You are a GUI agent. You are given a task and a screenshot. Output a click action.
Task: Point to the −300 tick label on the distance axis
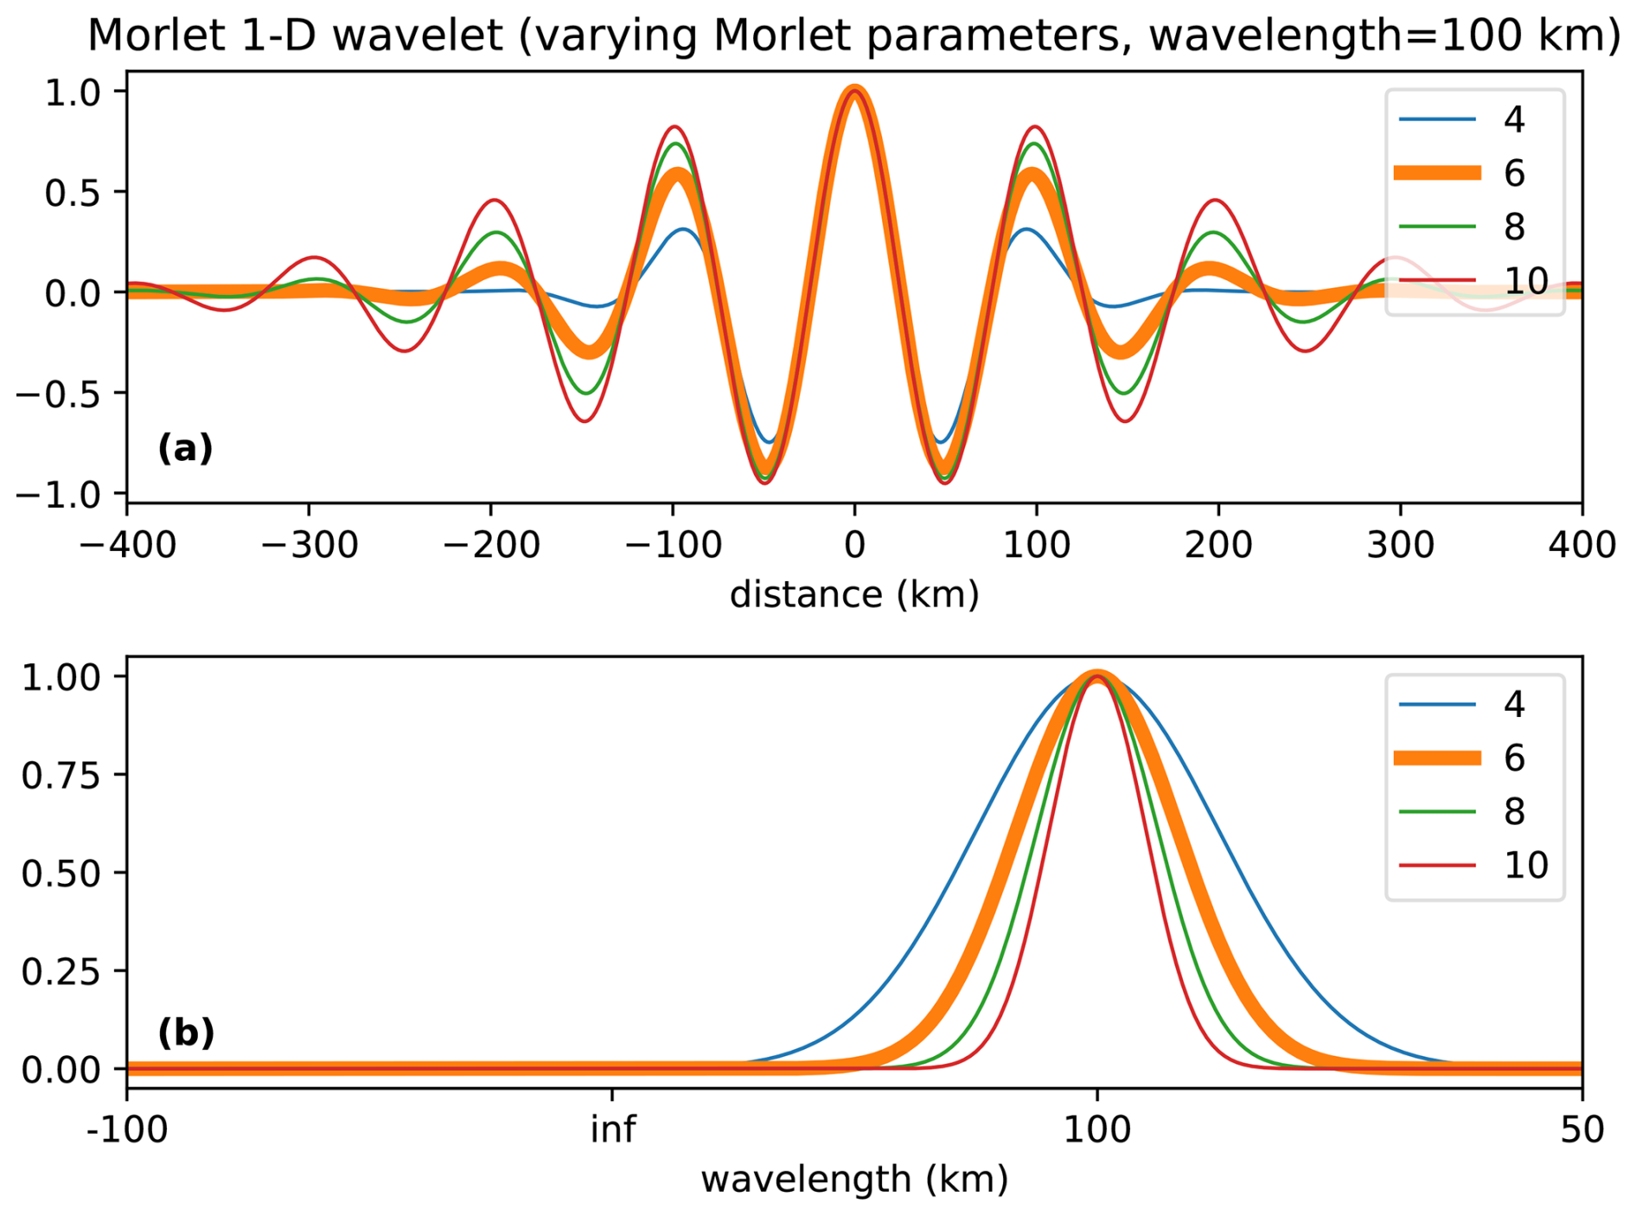click(x=309, y=546)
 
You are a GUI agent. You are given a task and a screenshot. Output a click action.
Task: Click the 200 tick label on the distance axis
click(x=1218, y=546)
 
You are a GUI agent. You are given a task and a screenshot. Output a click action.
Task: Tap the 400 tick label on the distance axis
click(x=1582, y=546)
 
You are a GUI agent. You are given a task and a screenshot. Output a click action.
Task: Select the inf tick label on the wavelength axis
click(x=612, y=1130)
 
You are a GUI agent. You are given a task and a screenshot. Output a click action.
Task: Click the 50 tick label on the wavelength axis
click(x=1582, y=1130)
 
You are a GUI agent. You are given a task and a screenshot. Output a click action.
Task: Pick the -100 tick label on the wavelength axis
click(x=127, y=1130)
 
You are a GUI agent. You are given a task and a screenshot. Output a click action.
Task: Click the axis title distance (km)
click(x=854, y=595)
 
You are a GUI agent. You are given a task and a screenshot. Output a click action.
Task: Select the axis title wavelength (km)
click(x=854, y=1179)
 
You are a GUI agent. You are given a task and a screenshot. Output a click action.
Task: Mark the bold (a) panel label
click(x=185, y=448)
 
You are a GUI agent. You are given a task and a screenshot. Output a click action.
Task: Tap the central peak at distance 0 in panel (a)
click(x=854, y=92)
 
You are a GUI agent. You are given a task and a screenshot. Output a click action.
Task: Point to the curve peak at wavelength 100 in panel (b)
click(x=1097, y=677)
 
